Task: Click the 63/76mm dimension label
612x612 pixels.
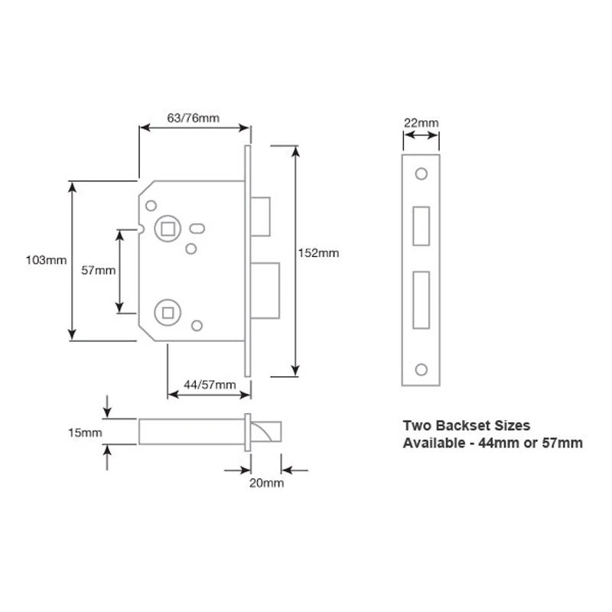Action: tap(194, 117)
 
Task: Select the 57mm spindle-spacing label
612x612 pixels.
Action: tap(98, 270)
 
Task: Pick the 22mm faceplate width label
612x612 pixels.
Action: tap(422, 122)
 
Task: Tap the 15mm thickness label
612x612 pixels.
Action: tap(86, 433)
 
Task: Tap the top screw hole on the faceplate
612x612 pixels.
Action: tap(422, 174)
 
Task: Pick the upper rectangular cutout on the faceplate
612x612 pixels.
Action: tap(421, 226)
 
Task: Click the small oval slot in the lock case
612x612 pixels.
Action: tap(198, 227)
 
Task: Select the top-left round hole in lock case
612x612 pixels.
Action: tap(151, 205)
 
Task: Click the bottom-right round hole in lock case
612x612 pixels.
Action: tap(197, 327)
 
